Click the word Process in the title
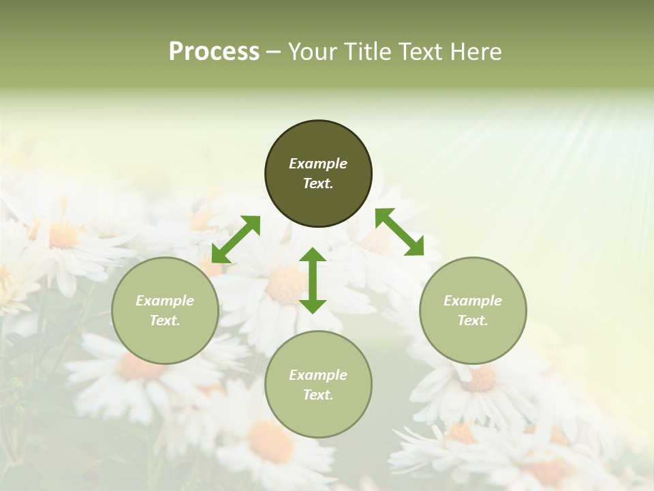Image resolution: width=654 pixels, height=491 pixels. coord(214,52)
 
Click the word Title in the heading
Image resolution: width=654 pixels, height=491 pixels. coord(365,52)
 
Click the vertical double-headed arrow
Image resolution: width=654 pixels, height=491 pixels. coord(313,280)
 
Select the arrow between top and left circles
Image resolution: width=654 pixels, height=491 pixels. coord(236,239)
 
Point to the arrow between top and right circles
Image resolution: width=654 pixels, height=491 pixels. coord(399,233)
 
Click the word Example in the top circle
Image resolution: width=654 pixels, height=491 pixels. coord(318,164)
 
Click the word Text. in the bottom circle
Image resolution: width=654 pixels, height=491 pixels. coord(318,395)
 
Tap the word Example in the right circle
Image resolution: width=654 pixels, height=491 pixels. coord(473,301)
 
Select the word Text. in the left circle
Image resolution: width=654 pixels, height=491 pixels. coord(165,321)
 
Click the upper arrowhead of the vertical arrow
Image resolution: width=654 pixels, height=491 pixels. coord(313,255)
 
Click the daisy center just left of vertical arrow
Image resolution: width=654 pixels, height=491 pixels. coord(283,285)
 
